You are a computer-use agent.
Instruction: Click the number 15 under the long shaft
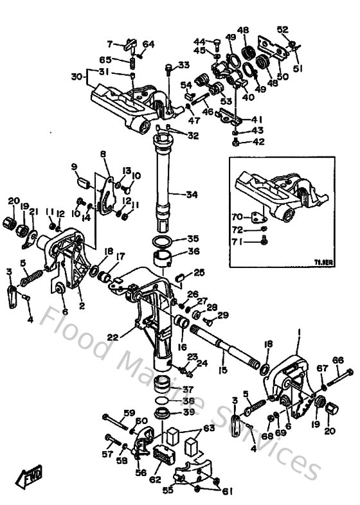(x=223, y=370)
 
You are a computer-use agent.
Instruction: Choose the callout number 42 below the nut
(x=258, y=142)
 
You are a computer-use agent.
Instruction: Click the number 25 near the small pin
(x=199, y=272)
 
